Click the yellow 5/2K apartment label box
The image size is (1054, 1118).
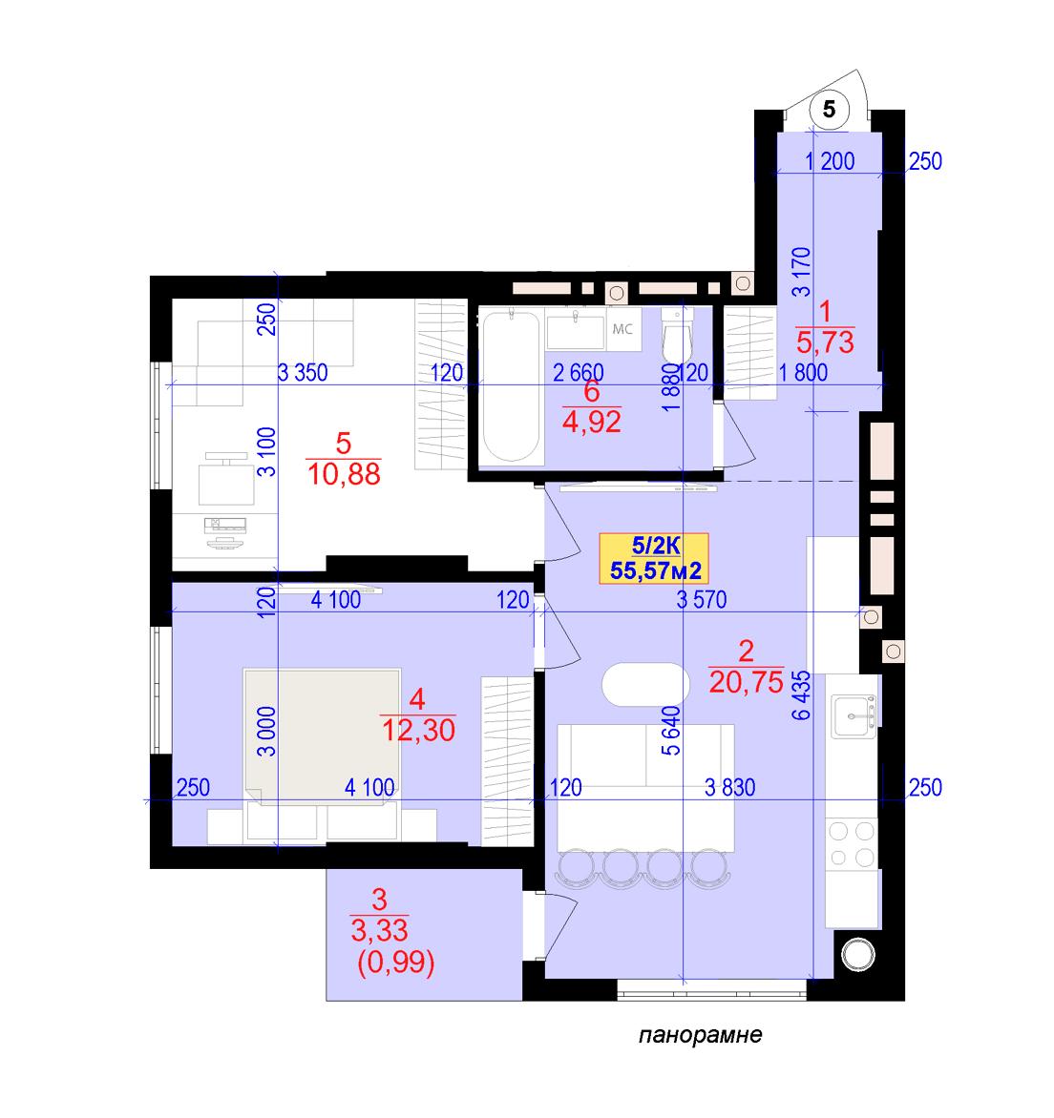point(654,558)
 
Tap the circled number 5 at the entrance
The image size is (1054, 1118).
point(829,109)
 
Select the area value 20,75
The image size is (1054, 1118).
point(747,682)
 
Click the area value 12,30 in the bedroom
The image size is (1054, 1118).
point(418,730)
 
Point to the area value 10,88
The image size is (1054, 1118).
point(344,474)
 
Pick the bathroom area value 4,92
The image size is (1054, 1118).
point(592,422)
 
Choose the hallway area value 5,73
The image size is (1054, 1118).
point(825,342)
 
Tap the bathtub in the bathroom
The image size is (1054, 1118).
point(511,386)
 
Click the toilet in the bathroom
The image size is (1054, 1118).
point(677,336)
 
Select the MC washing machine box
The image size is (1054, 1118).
point(623,329)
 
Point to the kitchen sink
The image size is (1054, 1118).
point(854,716)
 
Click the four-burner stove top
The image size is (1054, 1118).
point(852,844)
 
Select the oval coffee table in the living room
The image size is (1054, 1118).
point(645,685)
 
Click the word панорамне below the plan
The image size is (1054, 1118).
point(700,1035)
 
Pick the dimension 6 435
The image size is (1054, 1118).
point(801,695)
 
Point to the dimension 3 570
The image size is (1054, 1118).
point(702,600)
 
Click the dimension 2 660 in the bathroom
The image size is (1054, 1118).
point(578,372)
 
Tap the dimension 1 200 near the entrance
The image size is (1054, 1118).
point(830,161)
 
